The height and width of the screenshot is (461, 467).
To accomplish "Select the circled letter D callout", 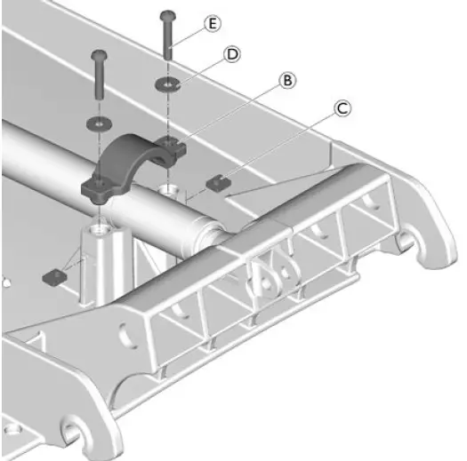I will (232, 55).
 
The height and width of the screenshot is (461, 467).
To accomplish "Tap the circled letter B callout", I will (287, 81).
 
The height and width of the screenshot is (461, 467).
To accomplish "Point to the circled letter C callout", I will (342, 109).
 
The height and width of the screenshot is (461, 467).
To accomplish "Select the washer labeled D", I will (168, 84).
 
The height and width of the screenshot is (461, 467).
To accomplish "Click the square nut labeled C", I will (216, 183).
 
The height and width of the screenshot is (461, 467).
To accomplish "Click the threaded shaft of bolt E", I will (168, 44).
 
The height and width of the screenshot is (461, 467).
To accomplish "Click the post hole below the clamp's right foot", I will (170, 191).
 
